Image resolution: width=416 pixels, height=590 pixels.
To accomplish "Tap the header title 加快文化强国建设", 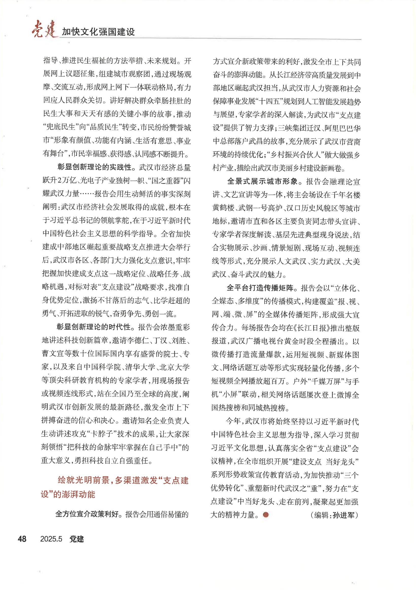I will [98, 32].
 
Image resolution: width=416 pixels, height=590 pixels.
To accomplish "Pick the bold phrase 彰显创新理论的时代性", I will [94, 327].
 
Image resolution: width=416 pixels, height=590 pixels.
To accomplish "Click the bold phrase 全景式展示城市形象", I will [262, 182].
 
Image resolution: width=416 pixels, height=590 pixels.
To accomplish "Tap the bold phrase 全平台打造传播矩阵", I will [260, 288].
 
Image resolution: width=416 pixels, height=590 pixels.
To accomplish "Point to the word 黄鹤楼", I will [223, 208].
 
